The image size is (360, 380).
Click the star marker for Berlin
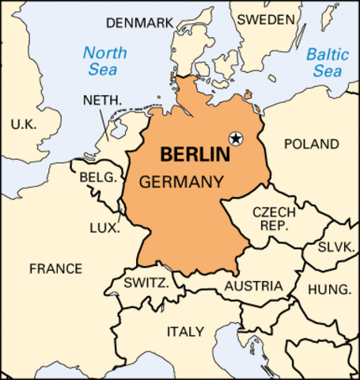[x=235, y=139]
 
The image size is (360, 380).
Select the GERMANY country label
[x=180, y=181]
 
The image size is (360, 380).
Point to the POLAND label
[x=311, y=144]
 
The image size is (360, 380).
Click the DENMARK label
[x=138, y=22]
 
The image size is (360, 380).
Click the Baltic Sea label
[x=327, y=63]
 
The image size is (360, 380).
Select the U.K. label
[x=24, y=123]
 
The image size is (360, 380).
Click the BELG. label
[x=97, y=177]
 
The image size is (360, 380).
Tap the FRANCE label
[x=55, y=268]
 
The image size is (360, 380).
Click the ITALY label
[x=184, y=331]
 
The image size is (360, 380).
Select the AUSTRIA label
[x=253, y=286]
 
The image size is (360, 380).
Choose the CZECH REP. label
[x=273, y=219]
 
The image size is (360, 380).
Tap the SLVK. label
[x=335, y=247]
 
